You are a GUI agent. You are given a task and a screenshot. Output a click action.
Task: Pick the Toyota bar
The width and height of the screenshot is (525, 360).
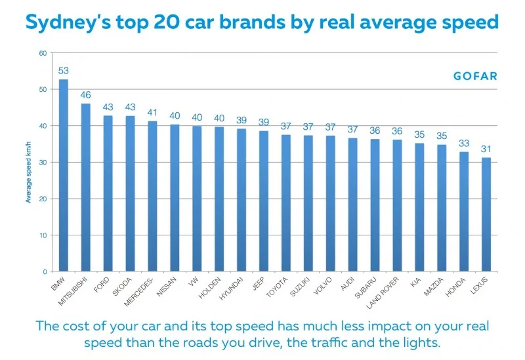click(285, 203)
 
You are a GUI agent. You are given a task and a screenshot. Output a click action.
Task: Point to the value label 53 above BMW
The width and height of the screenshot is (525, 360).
click(64, 71)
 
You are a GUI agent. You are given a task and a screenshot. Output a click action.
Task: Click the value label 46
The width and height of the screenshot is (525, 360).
click(86, 95)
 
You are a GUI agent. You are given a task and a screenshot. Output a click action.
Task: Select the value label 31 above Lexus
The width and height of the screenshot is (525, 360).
click(486, 149)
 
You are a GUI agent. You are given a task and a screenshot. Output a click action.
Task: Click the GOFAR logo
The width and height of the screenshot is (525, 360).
click(475, 76)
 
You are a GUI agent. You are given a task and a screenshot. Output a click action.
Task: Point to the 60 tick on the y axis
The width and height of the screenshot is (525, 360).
click(43, 53)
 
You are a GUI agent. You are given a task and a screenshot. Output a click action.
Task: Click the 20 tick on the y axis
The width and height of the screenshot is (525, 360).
click(43, 199)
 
